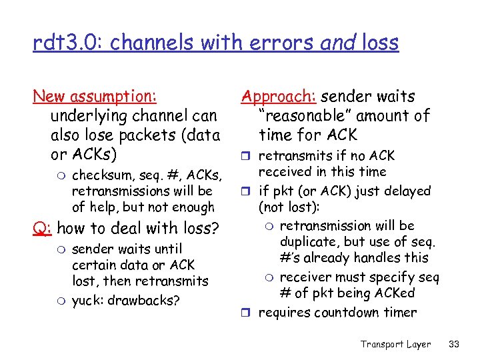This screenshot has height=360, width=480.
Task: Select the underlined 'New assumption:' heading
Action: tap(95, 97)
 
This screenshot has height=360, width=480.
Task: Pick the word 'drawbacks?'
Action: tap(147, 300)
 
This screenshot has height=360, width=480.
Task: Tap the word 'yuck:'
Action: tap(88, 300)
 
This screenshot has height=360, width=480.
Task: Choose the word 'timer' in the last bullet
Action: tap(399, 312)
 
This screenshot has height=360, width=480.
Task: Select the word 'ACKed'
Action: tap(394, 293)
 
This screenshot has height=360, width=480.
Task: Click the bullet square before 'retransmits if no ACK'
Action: tap(249, 157)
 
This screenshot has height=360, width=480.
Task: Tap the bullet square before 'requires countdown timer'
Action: tap(249, 313)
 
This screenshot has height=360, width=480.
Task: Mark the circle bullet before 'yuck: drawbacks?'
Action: tap(60, 301)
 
